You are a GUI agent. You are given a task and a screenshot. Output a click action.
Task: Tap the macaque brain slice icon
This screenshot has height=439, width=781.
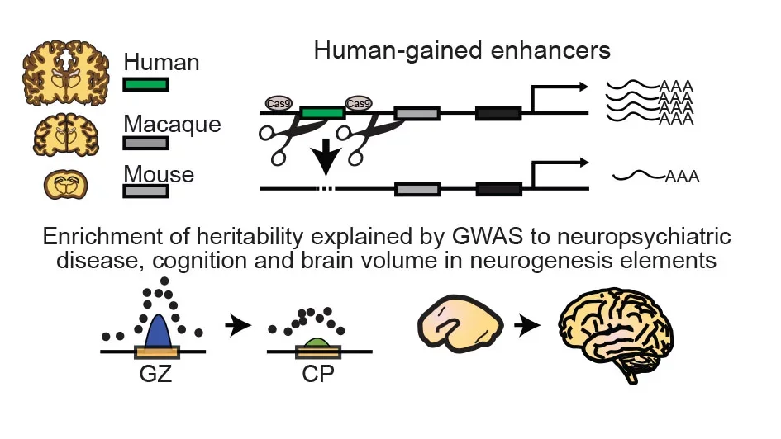tap(64, 135)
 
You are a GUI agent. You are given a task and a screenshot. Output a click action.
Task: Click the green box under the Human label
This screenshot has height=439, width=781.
tap(146, 84)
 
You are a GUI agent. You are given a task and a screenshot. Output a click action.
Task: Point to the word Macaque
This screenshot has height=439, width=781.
tap(171, 124)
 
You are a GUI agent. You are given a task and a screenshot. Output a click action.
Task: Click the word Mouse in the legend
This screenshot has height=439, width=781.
tap(159, 174)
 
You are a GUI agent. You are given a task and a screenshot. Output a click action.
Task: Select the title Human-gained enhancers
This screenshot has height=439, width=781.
tap(462, 50)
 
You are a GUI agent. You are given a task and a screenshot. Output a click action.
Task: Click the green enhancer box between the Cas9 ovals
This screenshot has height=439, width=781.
tap(322, 113)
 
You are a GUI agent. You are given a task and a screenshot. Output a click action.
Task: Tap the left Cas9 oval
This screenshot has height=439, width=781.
tap(279, 103)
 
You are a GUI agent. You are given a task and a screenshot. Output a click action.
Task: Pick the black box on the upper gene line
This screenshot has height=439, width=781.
tap(498, 113)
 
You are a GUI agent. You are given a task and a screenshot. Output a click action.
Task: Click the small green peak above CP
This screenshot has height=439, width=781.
tap(314, 341)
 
